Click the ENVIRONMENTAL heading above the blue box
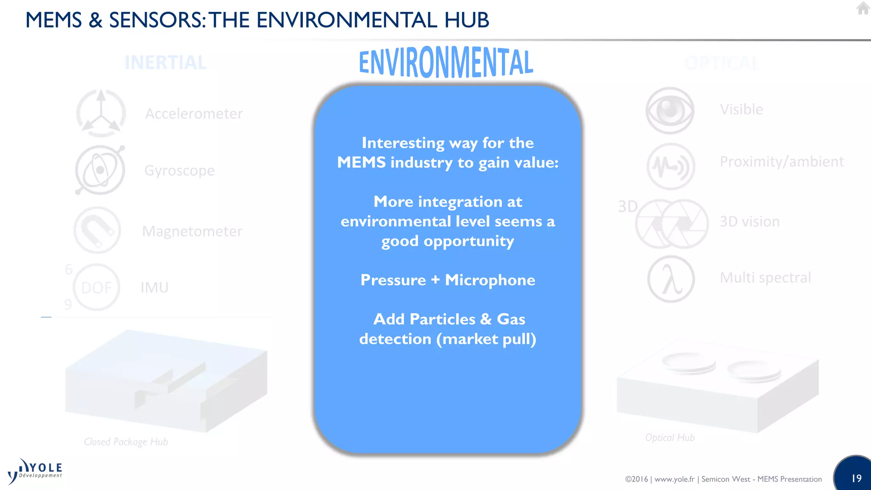coord(446,62)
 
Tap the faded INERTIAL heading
coord(165,63)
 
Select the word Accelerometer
coord(194,114)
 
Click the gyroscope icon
coord(100,170)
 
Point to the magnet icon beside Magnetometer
coord(97,231)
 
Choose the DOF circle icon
coord(97,288)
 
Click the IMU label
coord(154,288)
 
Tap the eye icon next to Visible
coord(670,111)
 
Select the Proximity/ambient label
coord(781,162)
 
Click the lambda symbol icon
coord(671,279)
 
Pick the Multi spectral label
coord(765,277)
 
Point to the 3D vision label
coord(749,222)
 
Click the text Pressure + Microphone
coord(447,280)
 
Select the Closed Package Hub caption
coord(126,442)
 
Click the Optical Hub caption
coord(670,438)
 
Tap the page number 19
coord(856,479)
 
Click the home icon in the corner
coord(863,8)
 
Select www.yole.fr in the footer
coord(674,479)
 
